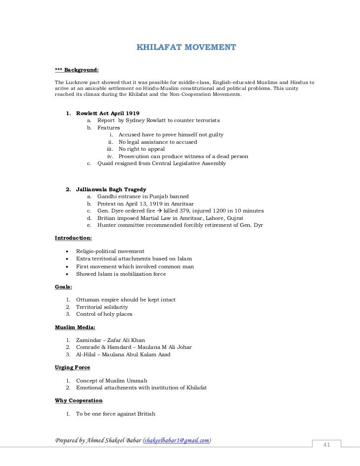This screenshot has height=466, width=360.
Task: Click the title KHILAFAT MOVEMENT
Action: tap(186, 48)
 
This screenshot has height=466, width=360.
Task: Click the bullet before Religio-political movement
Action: tap(66, 252)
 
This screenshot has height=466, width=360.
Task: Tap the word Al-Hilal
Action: tap(86, 354)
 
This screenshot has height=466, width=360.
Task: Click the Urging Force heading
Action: tap(72, 367)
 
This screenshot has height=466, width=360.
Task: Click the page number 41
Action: tap(326, 445)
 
